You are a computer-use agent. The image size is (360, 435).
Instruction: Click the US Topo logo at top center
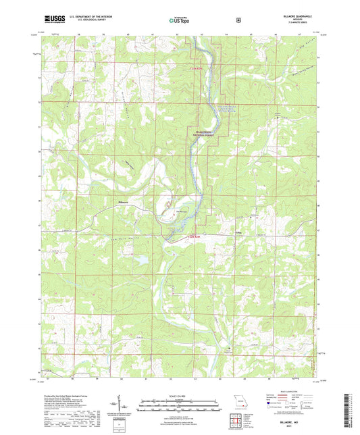(x=179, y=20)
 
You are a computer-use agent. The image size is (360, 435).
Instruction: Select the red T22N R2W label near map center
(x=195, y=237)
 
